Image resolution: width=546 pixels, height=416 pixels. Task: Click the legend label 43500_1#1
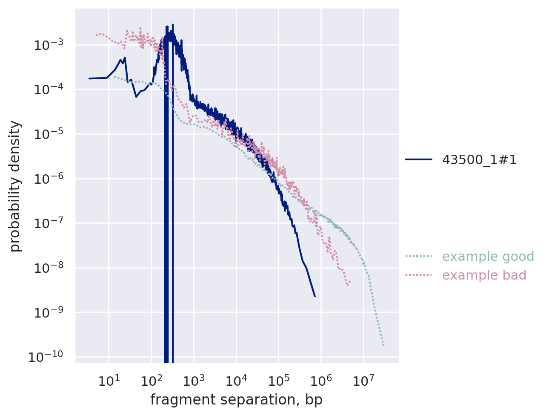[479, 160]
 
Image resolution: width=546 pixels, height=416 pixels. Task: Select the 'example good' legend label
[488, 257]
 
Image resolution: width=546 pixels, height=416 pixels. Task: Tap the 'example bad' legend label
[484, 275]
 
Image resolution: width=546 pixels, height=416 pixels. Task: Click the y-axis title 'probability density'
[15, 186]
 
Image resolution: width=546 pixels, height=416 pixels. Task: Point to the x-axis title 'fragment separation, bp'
[236, 400]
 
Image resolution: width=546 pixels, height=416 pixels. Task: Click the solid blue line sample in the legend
[418, 160]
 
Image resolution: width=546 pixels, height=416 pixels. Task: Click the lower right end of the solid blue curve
[314, 296]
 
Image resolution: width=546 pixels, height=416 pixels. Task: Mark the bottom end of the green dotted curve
[383, 346]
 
